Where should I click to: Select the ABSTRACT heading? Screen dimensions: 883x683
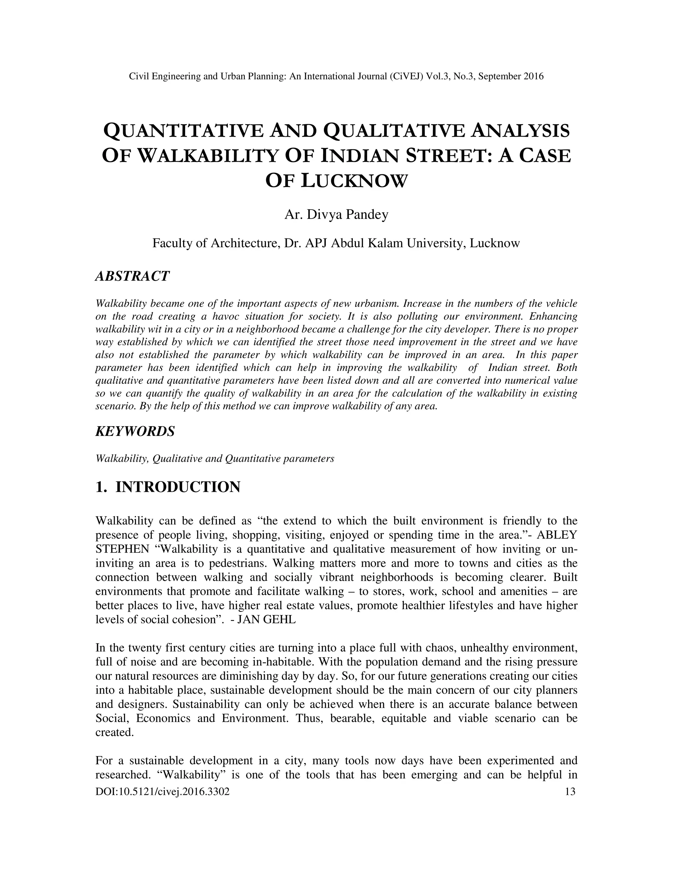click(132, 276)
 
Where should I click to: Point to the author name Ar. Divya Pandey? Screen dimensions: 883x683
click(336, 214)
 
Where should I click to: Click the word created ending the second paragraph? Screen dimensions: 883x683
click(114, 732)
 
